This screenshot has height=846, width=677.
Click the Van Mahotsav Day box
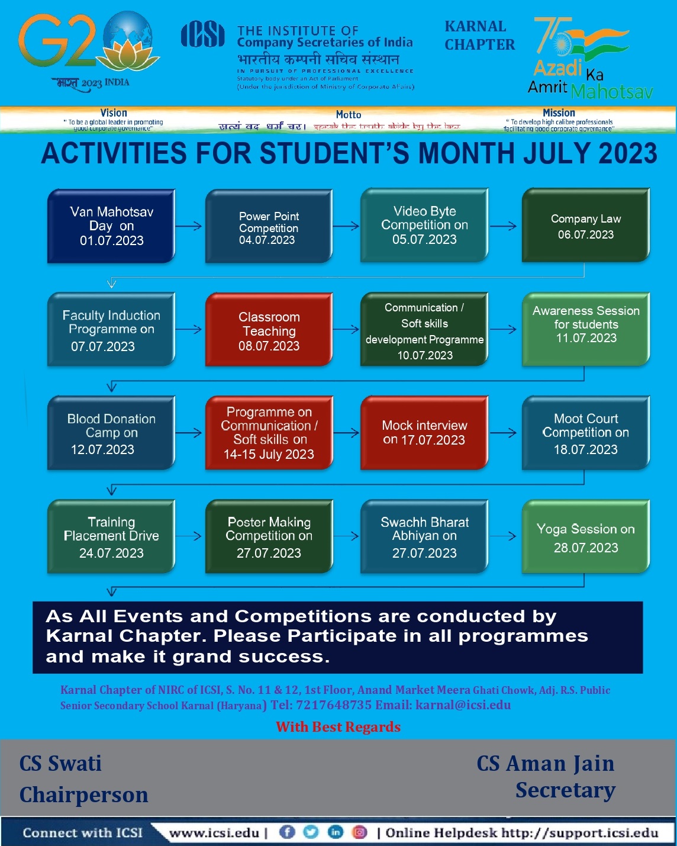[111, 226]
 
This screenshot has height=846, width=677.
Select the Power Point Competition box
[269, 227]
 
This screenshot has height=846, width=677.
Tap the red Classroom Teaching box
[269, 331]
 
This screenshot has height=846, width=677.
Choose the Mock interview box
[424, 433]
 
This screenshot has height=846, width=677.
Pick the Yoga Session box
[585, 538]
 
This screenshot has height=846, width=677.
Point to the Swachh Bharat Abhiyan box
[424, 537]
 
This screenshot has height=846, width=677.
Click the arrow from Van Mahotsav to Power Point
[189, 226]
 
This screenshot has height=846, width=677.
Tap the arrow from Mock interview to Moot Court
[504, 433]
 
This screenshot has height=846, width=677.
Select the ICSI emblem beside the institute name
[202, 34]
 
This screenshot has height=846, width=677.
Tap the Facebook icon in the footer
[287, 832]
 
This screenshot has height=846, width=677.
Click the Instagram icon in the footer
[360, 832]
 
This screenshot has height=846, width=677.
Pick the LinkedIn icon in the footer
[335, 832]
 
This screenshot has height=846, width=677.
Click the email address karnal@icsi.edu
[463, 705]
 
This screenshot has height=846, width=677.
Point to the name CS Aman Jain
[546, 764]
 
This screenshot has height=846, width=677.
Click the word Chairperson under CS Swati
[84, 795]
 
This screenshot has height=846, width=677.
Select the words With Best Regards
[338, 727]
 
